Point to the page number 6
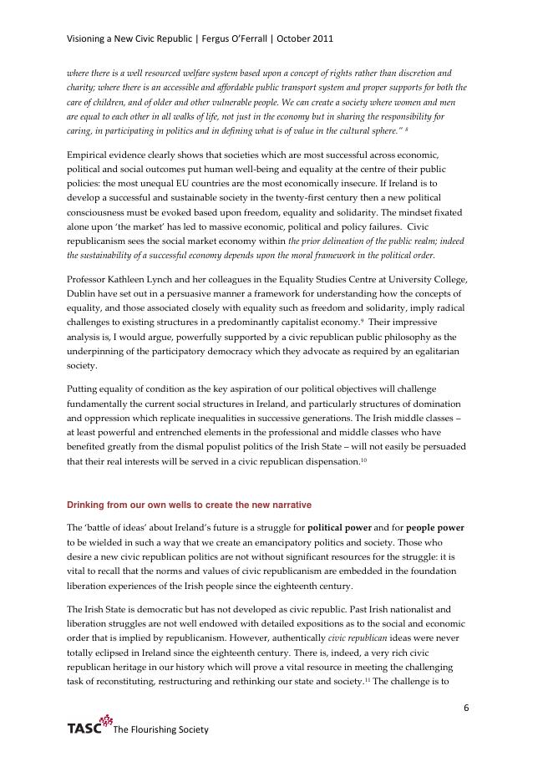[x=466, y=708]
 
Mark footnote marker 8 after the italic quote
[x=406, y=129]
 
